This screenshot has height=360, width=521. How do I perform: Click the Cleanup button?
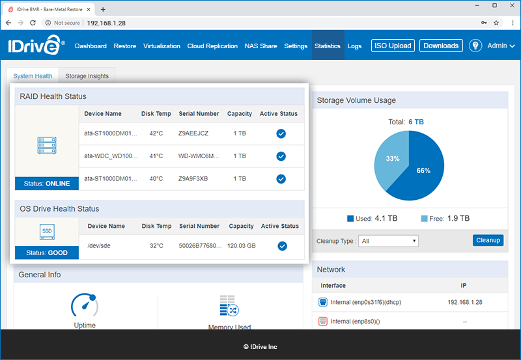pyautogui.click(x=488, y=240)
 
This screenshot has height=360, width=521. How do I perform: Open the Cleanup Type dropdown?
pyautogui.click(x=389, y=241)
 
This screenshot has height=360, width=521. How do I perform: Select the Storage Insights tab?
pyautogui.click(x=87, y=76)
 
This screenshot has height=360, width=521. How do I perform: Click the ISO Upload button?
pyautogui.click(x=392, y=46)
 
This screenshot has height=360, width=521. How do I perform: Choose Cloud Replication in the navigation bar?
pyautogui.click(x=212, y=46)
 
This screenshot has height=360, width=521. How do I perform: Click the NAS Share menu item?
pyautogui.click(x=260, y=46)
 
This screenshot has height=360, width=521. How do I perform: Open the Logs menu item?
pyautogui.click(x=354, y=46)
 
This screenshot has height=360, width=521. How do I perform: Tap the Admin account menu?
pyautogui.click(x=501, y=46)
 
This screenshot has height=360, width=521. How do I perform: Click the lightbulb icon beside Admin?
pyautogui.click(x=475, y=46)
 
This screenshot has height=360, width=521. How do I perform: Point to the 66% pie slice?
pyautogui.click(x=423, y=171)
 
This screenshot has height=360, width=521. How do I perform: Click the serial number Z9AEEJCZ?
pyautogui.click(x=193, y=133)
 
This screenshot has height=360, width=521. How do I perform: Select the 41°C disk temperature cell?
pyautogui.click(x=156, y=156)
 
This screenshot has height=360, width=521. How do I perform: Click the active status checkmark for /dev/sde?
pyautogui.click(x=281, y=245)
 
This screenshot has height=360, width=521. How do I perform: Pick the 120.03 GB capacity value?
pyautogui.click(x=241, y=245)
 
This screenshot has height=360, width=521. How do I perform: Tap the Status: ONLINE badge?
pyautogui.click(x=46, y=184)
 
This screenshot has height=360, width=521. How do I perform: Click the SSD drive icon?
pyautogui.click(x=46, y=232)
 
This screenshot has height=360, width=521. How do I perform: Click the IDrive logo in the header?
pyautogui.click(x=36, y=46)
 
